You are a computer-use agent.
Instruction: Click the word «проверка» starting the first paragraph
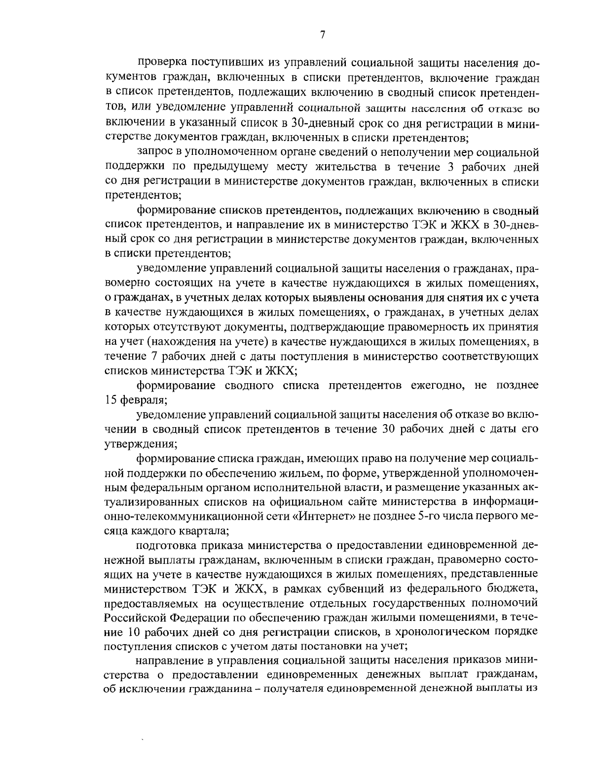(162, 64)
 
